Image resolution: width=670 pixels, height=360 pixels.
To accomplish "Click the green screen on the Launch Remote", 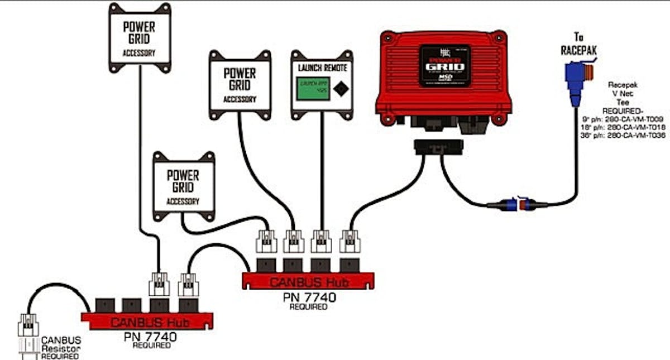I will coord(313,89).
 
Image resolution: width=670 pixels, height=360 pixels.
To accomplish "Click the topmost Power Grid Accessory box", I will coord(139,37).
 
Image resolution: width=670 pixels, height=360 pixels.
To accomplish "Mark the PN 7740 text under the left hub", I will coord(150,337).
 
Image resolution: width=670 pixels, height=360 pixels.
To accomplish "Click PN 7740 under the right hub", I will coord(309,297).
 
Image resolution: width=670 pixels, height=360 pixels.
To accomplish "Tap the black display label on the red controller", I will coord(445,66).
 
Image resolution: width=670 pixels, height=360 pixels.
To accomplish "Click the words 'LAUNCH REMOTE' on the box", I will coord(322,68).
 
